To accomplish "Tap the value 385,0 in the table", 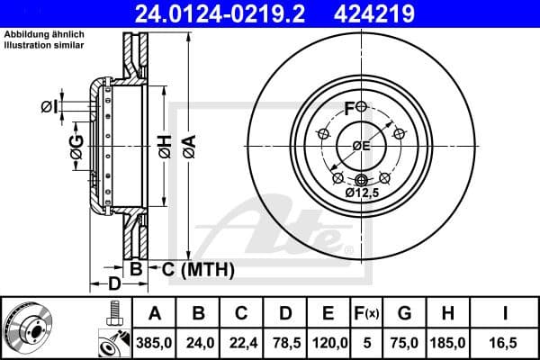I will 155,343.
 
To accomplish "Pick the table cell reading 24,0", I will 198,343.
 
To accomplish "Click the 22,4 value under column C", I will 241,343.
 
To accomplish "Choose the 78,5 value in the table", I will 285,343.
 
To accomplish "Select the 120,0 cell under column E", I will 329,343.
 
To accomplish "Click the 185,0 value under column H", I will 449,343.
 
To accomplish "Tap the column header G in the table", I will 405,313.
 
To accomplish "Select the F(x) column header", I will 367,313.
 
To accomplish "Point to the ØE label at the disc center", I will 361,146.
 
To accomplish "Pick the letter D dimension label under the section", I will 113,285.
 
